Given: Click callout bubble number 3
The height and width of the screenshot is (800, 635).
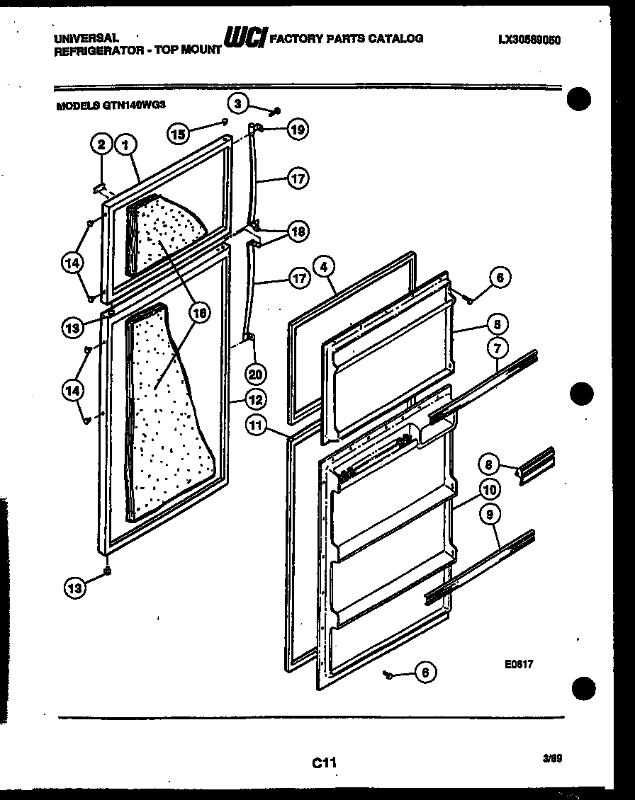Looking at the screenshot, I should click(x=239, y=103).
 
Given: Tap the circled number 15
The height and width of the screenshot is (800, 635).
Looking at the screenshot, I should click(x=179, y=132).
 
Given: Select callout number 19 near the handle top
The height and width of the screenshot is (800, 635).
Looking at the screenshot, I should click(x=298, y=129).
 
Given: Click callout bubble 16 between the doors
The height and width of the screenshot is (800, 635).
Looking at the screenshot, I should click(x=200, y=312).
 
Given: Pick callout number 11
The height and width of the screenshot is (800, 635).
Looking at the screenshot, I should click(x=256, y=425).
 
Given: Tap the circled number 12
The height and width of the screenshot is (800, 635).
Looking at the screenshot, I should click(x=255, y=399).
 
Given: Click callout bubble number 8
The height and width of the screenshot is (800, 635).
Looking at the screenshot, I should click(x=488, y=464).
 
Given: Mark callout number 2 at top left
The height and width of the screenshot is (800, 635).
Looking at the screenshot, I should click(x=101, y=146).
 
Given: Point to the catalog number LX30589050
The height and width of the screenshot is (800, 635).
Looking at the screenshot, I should click(x=529, y=40).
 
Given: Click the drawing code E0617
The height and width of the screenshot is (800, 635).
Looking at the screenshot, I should click(x=519, y=664).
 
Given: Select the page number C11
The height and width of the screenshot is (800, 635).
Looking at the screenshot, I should click(x=323, y=762).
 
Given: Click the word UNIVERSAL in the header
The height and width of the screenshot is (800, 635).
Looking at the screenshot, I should click(x=85, y=37).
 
